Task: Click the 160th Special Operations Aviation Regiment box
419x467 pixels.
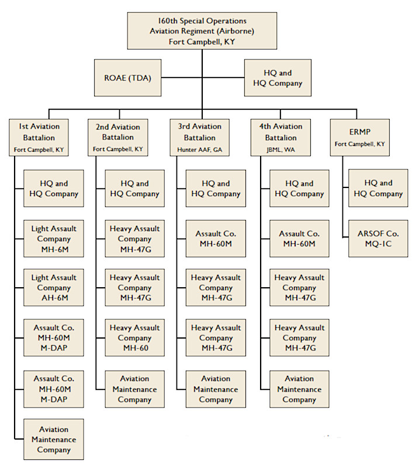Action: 202,30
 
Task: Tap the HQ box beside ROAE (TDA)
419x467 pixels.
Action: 278,78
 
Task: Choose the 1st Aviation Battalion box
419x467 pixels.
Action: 39,138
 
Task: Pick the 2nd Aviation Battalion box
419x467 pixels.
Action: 117,138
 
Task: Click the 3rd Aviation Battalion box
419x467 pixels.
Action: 200,138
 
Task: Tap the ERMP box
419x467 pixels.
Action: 360,138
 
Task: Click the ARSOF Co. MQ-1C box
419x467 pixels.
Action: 378,239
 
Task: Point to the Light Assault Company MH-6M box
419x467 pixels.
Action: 54,239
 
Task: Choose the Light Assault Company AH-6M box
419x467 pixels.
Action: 54,288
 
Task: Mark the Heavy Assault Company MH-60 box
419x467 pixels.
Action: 134,338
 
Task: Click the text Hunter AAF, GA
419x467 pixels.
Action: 200,150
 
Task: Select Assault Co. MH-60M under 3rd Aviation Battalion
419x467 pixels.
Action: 216,239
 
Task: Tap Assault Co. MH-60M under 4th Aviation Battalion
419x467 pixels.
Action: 299,239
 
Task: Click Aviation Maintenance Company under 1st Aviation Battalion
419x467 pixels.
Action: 54,440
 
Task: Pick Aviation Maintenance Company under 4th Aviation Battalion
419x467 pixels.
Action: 299,389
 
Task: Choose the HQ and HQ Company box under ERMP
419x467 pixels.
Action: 378,189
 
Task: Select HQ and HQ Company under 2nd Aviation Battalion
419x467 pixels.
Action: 134,189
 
